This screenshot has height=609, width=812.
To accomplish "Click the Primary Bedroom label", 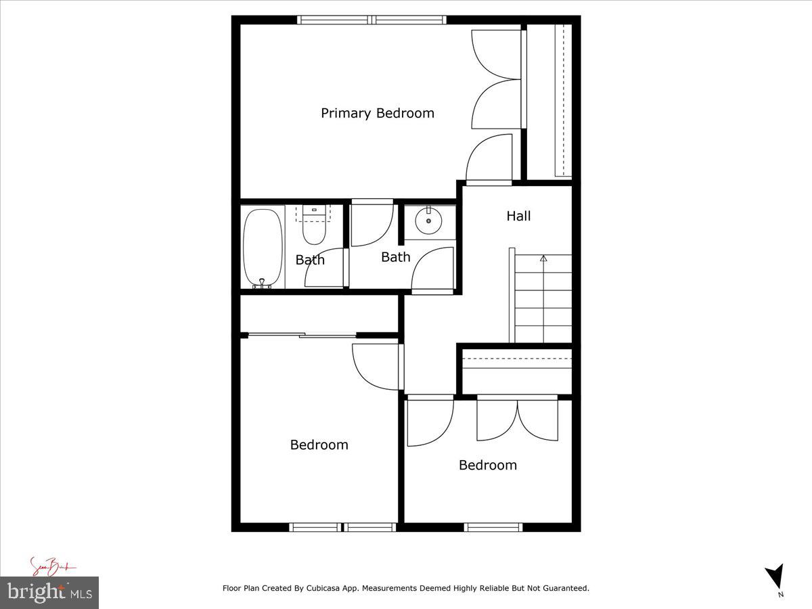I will coord(377,113).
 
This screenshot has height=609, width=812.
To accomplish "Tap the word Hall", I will coord(518,216).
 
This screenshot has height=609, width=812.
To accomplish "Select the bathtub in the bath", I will coord(263,248).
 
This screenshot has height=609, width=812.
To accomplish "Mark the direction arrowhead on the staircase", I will coord(543,258).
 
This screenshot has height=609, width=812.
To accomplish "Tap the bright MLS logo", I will coord(49,592).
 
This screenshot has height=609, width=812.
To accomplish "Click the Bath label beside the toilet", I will coord(310,260).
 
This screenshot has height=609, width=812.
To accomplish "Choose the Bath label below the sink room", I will coord(395,257).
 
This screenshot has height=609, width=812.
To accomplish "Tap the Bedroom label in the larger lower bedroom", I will coord(319,445).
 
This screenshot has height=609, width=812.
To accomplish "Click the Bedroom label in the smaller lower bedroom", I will coord(487,465).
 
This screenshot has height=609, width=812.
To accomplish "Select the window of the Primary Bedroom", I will coord(371,20).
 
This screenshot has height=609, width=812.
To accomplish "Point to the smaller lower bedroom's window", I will coord(493,526).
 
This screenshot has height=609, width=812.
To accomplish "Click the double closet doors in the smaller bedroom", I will coord(518,420).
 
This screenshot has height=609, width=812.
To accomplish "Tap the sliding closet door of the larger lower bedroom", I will coord(301,334).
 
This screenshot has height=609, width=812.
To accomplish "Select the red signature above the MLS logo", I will coord(51,566).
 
